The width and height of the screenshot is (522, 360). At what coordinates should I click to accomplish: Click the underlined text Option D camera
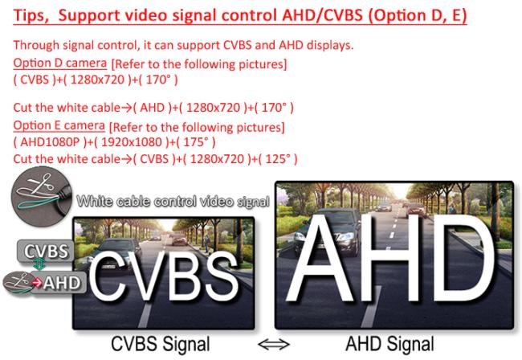coord(60,63)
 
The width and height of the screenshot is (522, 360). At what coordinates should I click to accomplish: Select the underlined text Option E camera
coord(59,125)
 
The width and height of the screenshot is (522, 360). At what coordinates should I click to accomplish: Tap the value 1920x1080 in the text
coord(132,142)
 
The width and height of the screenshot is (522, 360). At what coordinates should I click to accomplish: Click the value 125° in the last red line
coord(277,159)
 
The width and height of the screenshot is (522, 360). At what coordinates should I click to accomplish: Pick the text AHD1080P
coord(50,142)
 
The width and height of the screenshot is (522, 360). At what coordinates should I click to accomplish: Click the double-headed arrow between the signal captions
coord(274,345)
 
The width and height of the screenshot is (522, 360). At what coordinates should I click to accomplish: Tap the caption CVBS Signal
coord(160,344)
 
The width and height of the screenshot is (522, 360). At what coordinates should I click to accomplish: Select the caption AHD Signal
coord(389,344)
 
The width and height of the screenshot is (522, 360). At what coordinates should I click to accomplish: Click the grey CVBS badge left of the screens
coord(46,251)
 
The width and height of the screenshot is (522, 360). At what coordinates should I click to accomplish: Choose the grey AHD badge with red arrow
coord(59,283)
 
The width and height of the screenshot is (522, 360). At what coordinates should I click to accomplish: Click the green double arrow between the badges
coord(39,264)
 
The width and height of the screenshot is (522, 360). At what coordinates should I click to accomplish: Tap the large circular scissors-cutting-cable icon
coord(41,197)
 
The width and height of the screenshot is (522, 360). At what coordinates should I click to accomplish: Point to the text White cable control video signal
coord(173,201)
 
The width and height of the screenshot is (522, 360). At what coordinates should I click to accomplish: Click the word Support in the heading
coord(89,16)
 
